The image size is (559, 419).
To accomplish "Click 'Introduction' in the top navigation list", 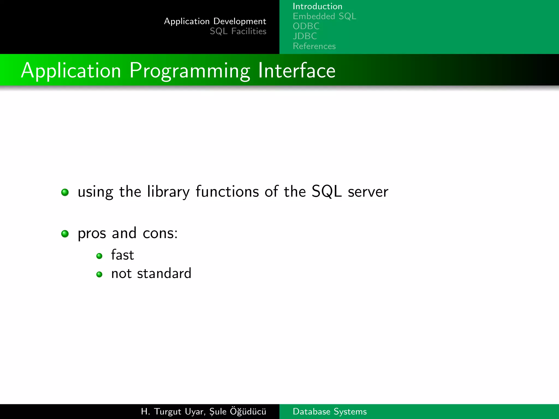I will coord(317,6).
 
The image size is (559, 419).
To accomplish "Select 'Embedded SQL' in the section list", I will coord(324,16).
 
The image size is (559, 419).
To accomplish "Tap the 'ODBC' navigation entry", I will coord(306,26).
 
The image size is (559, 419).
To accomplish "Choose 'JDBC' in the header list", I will coord(305,36).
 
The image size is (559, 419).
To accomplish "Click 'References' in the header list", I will coord(314,46).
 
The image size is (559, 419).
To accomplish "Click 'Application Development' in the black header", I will coord(215,21).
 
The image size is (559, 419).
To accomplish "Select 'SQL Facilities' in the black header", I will coord(238,31).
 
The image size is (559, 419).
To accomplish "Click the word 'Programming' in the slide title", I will coord(189,71).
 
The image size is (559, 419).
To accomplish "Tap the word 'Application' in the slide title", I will coord(71,71).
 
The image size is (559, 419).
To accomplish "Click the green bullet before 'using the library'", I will coord(65,192).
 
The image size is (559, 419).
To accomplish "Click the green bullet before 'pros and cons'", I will coord(65,234).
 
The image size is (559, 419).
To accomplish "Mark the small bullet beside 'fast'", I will coord(99,256).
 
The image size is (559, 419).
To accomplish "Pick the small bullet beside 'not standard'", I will coord(99,274).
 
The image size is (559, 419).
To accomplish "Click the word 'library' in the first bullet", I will coord(168,192).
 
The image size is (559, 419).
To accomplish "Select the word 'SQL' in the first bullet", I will coord(326,191).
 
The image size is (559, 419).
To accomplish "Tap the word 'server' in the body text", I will coord(368,192).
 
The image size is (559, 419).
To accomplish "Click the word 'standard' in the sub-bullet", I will coord(164,273).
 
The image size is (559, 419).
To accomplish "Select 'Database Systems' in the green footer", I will coord(329,411).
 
